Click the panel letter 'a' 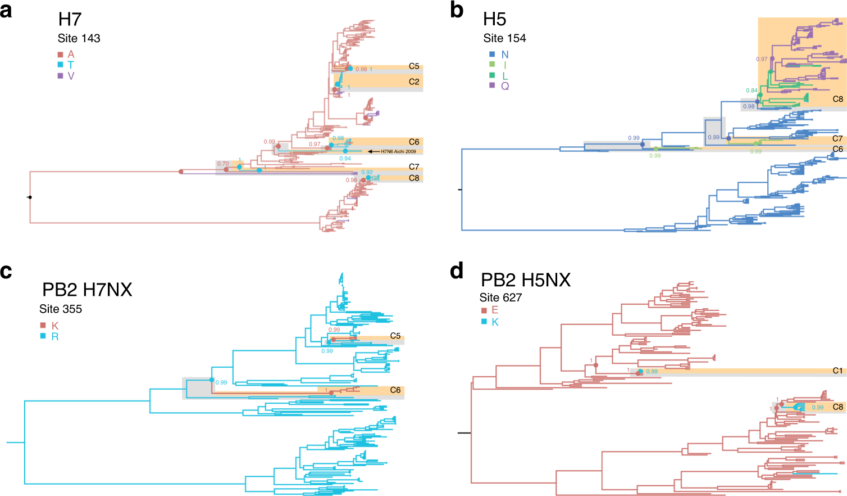[x=6, y=10]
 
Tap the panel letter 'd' [x=457, y=271]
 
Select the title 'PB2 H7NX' [x=87, y=290]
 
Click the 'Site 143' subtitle [x=79, y=38]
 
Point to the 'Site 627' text [x=500, y=297]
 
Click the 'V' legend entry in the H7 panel [x=71, y=76]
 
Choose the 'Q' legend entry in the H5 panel [x=505, y=86]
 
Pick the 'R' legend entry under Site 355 [x=55, y=337]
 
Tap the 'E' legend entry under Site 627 [x=495, y=310]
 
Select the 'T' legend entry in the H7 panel [x=71, y=65]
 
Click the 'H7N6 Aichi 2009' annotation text [x=399, y=151]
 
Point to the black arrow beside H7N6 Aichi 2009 [x=373, y=151]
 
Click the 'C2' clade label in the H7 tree [x=414, y=82]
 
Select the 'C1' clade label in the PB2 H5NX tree [x=837, y=371]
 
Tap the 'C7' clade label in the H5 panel [x=837, y=138]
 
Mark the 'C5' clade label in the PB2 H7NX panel [x=395, y=336]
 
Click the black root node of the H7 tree [x=30, y=197]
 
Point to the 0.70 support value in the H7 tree [x=223, y=164]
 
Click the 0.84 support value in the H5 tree [x=752, y=91]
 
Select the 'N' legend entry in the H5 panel [x=505, y=55]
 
